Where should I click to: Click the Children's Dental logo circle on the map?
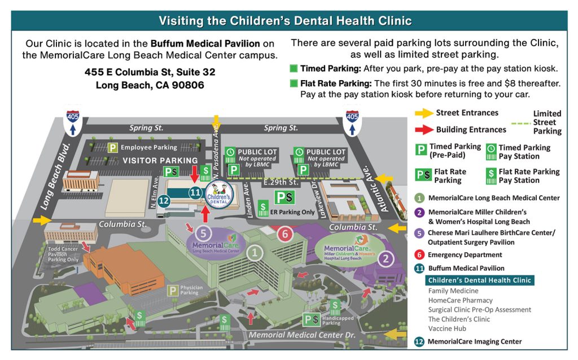tap(220, 195)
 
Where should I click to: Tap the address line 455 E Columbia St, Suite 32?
tap(150, 73)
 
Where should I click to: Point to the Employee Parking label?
tap(148, 148)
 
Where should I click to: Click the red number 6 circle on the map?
tap(286, 233)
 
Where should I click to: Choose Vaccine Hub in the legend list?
tap(446, 328)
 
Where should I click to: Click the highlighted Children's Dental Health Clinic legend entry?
tap(479, 280)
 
